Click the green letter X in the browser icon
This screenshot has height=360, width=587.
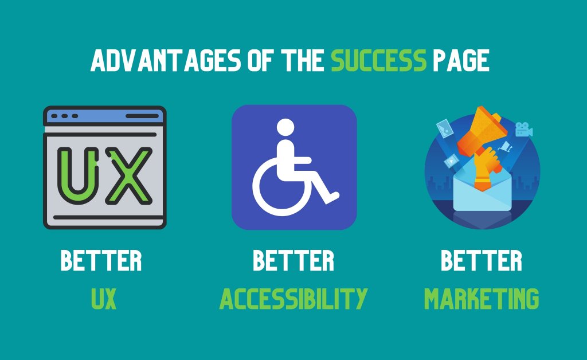click(129, 176)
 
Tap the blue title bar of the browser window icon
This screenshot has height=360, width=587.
click(105, 116)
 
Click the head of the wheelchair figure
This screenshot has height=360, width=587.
click(285, 128)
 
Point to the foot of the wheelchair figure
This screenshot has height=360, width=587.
click(332, 197)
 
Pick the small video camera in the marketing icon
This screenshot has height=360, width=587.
click(524, 130)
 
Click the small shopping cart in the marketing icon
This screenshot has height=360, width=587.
click(506, 146)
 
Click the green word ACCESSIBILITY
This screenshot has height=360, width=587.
click(293, 299)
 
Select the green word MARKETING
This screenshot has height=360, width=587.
click(482, 299)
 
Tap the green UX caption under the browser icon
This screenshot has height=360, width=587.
click(104, 299)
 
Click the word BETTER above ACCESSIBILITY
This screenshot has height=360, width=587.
click(293, 260)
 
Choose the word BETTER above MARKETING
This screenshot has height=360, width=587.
click(482, 260)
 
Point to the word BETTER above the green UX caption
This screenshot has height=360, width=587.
click(101, 260)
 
